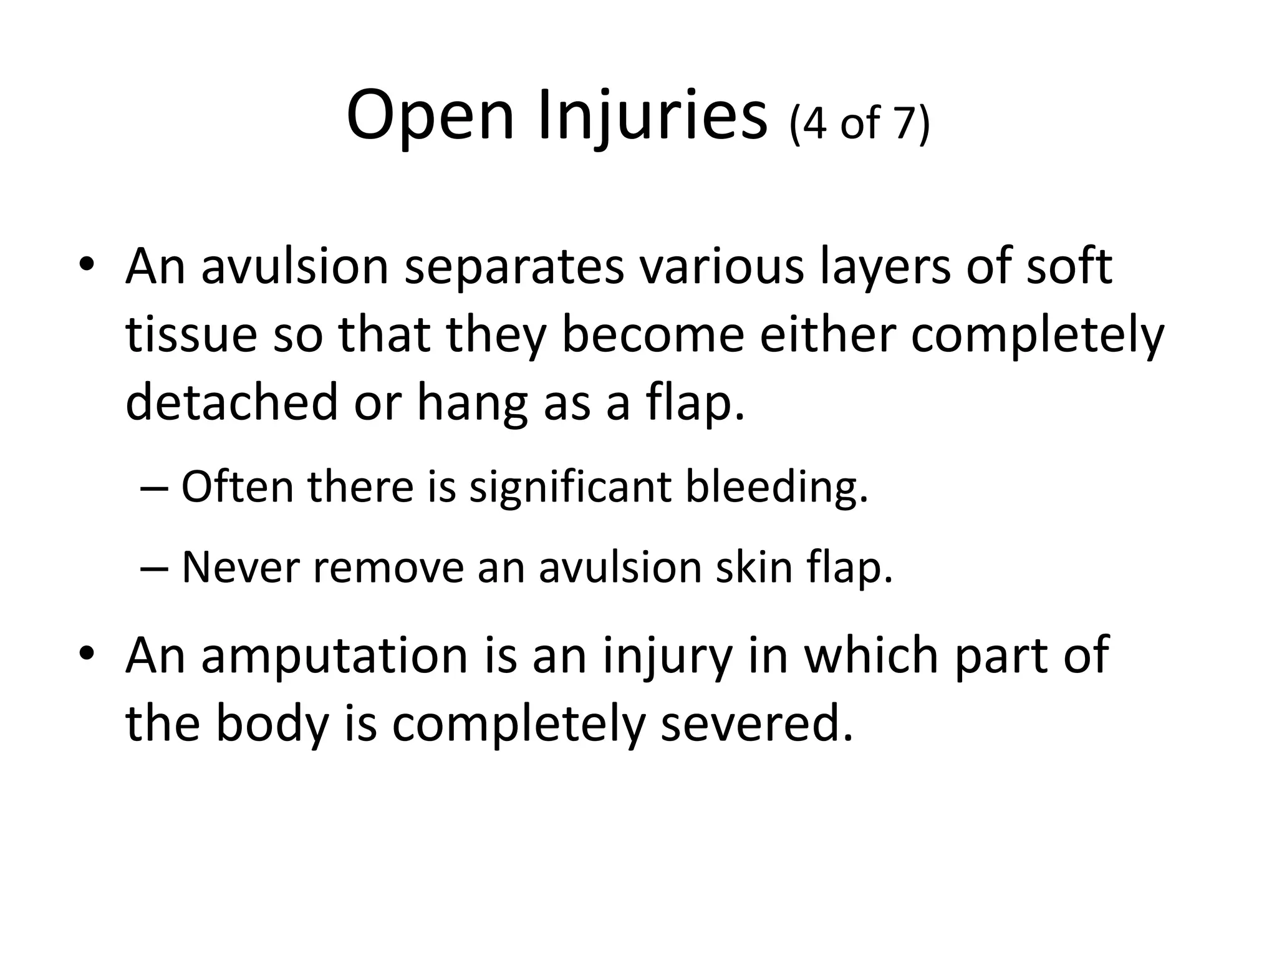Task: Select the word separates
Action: pyautogui.click(x=514, y=267)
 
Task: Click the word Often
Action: pyautogui.click(x=237, y=486)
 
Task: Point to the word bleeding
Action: pyautogui.click(x=776, y=486)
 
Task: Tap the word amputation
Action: pyautogui.click(x=334, y=656)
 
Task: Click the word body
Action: pyautogui.click(x=272, y=724)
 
